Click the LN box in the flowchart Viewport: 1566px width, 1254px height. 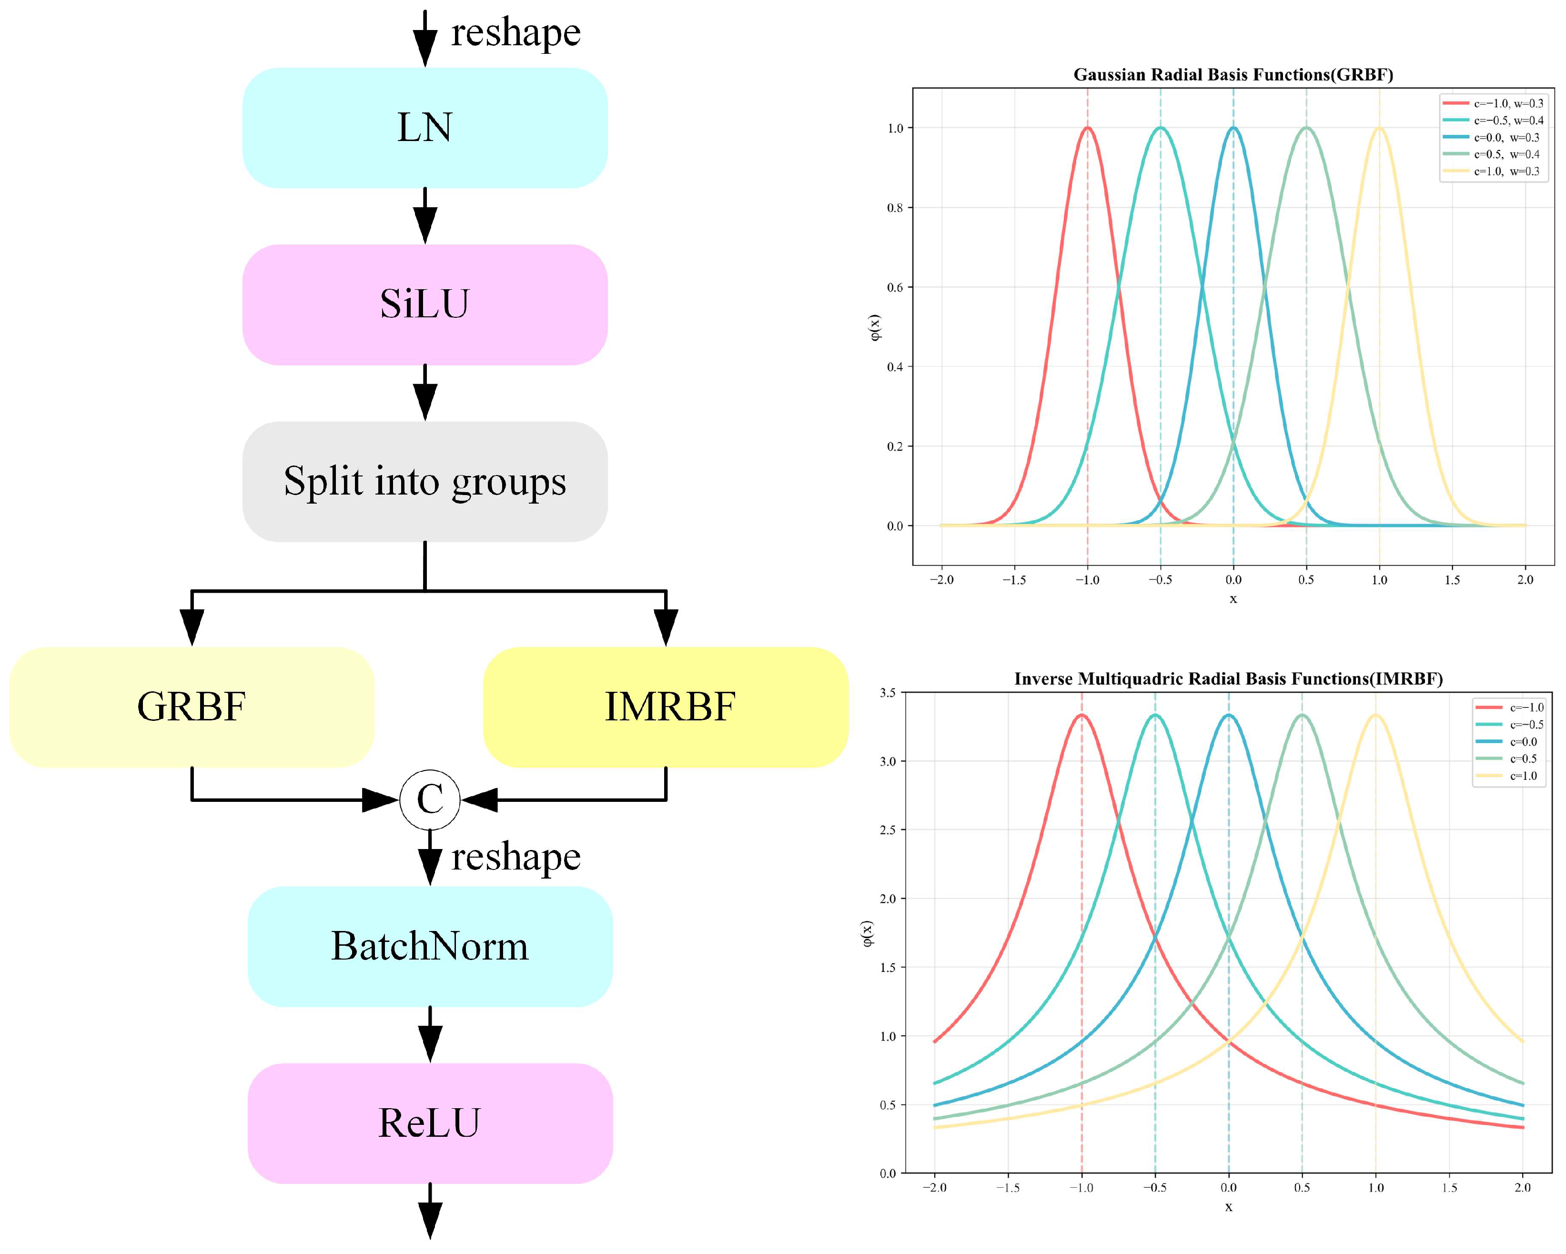[x=425, y=128]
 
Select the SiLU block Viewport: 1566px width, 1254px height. [x=425, y=304]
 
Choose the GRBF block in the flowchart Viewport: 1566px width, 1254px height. [x=192, y=707]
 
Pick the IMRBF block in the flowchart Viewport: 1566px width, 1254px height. [x=666, y=707]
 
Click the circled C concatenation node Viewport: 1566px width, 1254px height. [x=430, y=800]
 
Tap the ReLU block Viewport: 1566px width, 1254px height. [x=430, y=1123]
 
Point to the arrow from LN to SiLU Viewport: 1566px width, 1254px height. [x=425, y=216]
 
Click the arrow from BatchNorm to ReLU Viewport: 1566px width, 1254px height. [x=430, y=1034]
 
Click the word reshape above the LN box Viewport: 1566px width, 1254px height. [x=515, y=33]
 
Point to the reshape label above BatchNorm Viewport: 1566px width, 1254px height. [x=515, y=857]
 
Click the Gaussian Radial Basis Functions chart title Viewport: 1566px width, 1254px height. [x=1233, y=75]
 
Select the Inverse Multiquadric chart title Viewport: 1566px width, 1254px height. [x=1228, y=678]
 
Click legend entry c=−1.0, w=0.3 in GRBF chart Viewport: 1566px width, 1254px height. [x=1508, y=104]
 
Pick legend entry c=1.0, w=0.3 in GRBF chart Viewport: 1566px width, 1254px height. [x=1505, y=172]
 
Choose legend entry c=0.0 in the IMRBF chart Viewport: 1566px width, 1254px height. [x=1523, y=742]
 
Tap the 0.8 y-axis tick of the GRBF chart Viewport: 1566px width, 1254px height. [x=895, y=208]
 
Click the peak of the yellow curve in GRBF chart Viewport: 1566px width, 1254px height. [x=1379, y=129]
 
